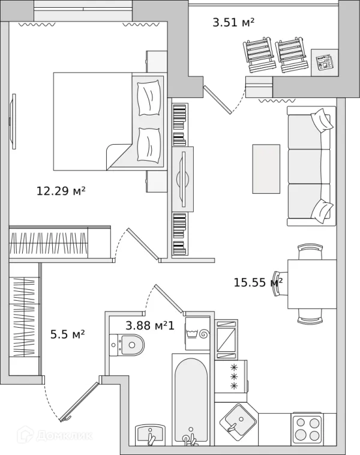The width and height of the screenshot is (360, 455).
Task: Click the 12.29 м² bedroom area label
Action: click(x=61, y=191)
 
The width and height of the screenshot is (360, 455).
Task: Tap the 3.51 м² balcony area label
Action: click(x=233, y=22)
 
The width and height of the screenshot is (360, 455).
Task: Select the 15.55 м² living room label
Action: click(x=258, y=282)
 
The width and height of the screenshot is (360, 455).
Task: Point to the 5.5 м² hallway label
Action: click(x=68, y=334)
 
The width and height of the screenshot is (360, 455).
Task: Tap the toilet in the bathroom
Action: click(x=127, y=345)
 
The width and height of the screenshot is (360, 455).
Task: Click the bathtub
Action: click(x=191, y=400)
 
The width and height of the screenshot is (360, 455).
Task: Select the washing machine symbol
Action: click(x=197, y=333)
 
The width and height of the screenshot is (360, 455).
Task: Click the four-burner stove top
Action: click(x=307, y=429)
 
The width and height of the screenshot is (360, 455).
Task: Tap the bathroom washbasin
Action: click(x=150, y=435)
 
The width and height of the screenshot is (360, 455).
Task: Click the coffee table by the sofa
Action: click(x=266, y=169)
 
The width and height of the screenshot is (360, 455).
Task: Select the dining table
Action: click(x=312, y=284)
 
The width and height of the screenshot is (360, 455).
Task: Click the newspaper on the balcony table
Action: click(x=325, y=62)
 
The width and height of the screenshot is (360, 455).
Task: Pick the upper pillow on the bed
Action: click(x=149, y=98)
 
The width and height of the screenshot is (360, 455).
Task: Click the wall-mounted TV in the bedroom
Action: click(x=13, y=121)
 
